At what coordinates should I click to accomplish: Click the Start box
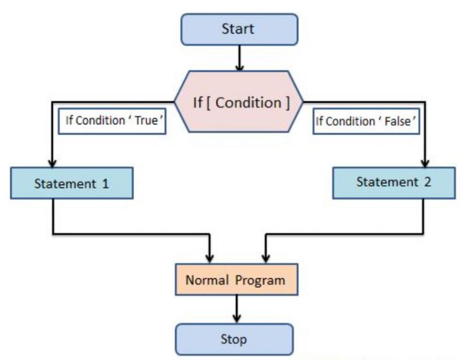click(x=239, y=29)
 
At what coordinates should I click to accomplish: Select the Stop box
click(x=234, y=339)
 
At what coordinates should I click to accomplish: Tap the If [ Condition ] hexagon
click(x=239, y=102)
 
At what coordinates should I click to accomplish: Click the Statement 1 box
click(x=72, y=183)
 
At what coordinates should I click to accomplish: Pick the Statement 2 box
click(x=394, y=183)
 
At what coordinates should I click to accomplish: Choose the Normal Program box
click(x=236, y=279)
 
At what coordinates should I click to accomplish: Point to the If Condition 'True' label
click(x=112, y=121)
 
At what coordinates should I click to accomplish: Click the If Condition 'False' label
click(x=366, y=121)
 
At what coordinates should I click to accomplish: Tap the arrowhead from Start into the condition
click(x=239, y=68)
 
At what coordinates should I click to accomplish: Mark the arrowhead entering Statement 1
click(x=52, y=163)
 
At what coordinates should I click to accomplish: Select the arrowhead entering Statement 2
click(x=425, y=163)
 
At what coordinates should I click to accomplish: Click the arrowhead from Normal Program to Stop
click(x=236, y=319)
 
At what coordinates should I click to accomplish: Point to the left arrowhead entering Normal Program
click(x=209, y=259)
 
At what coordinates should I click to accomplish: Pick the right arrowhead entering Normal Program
click(x=266, y=259)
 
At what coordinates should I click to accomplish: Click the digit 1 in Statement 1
click(x=105, y=184)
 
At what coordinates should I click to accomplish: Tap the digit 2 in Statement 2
click(x=428, y=182)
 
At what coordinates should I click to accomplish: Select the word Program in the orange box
click(x=260, y=281)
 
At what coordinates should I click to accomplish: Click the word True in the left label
click(x=146, y=120)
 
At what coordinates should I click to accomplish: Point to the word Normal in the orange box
click(x=207, y=280)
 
